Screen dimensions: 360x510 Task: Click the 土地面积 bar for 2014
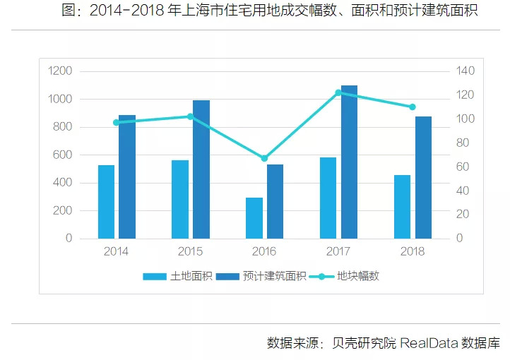(x=106, y=202)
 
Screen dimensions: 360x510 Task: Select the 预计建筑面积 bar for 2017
(x=349, y=162)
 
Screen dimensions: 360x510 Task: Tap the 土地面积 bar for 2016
(x=254, y=218)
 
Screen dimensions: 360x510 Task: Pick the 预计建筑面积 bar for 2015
(x=201, y=169)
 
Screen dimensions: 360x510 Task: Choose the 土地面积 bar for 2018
(x=403, y=207)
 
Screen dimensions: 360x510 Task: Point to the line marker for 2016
(x=264, y=158)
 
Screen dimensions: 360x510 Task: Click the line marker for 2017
(x=338, y=92)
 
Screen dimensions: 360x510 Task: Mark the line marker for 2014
(x=116, y=122)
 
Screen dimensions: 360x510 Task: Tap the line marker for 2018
(x=413, y=107)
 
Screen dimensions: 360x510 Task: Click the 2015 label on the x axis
(x=190, y=251)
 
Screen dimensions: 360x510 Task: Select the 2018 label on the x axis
(x=413, y=251)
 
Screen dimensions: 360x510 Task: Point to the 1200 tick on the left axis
(x=60, y=71)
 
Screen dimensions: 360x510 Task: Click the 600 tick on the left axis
(x=63, y=155)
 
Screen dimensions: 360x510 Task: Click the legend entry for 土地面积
(x=177, y=276)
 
